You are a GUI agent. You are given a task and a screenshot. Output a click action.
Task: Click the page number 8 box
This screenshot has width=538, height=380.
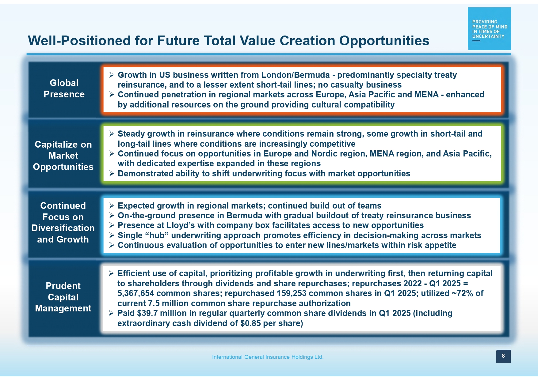pyautogui.click(x=503, y=356)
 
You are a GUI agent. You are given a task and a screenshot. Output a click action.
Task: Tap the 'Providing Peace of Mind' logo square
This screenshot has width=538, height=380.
pyautogui.click(x=489, y=28)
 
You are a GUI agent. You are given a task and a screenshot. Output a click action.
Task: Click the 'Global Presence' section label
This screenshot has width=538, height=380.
pyautogui.click(x=64, y=88)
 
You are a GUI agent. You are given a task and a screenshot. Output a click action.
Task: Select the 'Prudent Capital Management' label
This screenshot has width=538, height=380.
pyautogui.click(x=63, y=297)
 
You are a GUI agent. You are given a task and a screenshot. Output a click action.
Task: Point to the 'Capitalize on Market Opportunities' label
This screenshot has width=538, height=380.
pyautogui.click(x=63, y=156)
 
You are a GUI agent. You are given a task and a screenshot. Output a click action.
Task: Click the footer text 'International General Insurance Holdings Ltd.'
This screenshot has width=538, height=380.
pyautogui.click(x=268, y=357)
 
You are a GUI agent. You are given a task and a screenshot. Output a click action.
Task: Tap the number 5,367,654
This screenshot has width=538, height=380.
pyautogui.click(x=136, y=293)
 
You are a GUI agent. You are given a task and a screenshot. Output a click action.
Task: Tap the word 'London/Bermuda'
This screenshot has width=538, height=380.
pyautogui.click(x=296, y=75)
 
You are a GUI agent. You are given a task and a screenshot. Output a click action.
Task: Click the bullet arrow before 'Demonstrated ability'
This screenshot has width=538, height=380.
pyautogui.click(x=112, y=174)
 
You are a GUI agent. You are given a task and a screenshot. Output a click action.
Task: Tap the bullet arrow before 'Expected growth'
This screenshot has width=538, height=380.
pyautogui.click(x=112, y=205)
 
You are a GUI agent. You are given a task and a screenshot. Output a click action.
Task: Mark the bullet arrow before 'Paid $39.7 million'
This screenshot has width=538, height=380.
pyautogui.click(x=112, y=313)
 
